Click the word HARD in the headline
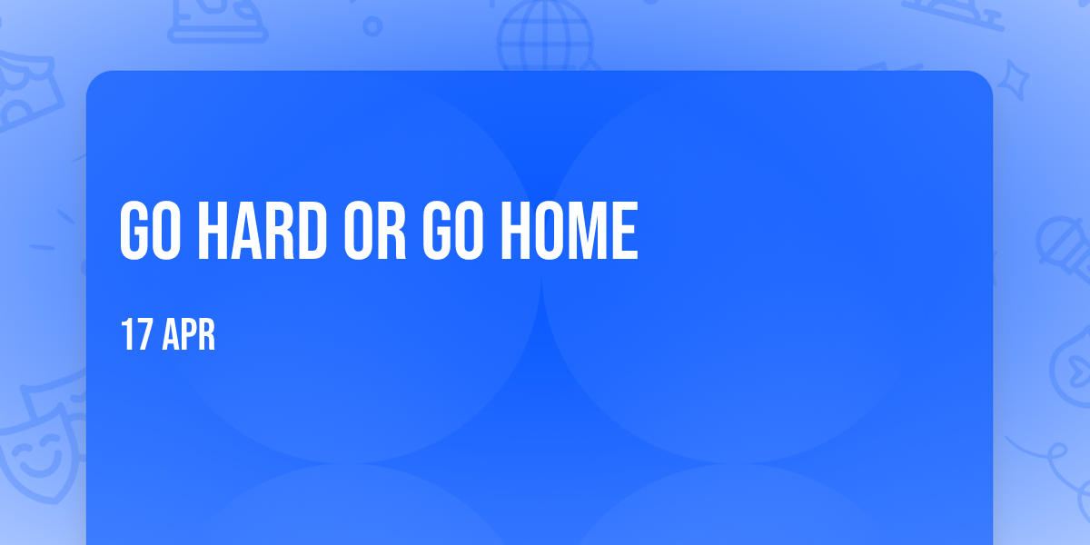tap(263, 230)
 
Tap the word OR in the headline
tap(375, 230)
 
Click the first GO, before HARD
tap(150, 230)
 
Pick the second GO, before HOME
tap(453, 230)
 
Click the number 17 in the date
tap(136, 334)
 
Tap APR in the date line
tap(189, 334)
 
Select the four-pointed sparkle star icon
tap(1013, 80)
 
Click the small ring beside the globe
tap(372, 26)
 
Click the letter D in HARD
tap(312, 230)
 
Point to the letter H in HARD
tap(213, 230)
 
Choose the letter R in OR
tap(392, 230)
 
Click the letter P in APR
tap(188, 334)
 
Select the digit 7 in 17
tap(144, 334)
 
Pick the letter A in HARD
tap(246, 230)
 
